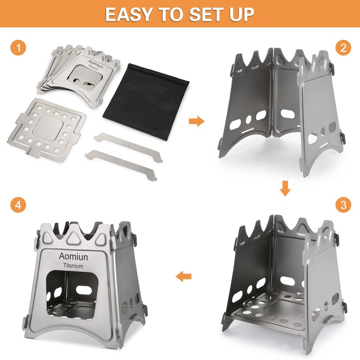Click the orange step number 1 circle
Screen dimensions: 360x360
pyautogui.click(x=18, y=48)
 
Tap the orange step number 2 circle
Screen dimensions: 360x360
pyautogui.click(x=343, y=48)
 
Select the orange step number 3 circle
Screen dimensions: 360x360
pyautogui.click(x=343, y=205)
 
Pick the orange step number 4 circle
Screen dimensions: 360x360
pyautogui.click(x=18, y=205)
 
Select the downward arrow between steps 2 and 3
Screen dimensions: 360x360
pyautogui.click(x=284, y=188)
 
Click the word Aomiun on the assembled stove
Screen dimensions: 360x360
pyautogui.click(x=72, y=256)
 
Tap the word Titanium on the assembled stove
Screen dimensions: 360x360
pyautogui.click(x=71, y=266)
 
